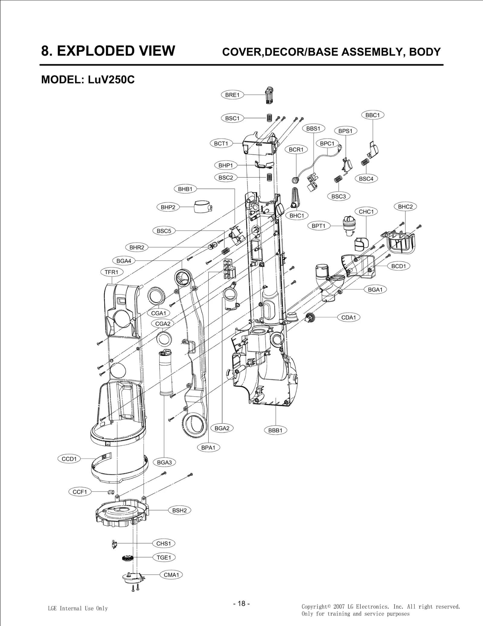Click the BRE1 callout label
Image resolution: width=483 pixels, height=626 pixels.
click(x=232, y=95)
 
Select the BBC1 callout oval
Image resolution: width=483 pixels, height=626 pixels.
click(x=373, y=115)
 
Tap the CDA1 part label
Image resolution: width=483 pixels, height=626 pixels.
click(x=348, y=317)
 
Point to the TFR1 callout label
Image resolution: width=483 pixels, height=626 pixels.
click(x=111, y=272)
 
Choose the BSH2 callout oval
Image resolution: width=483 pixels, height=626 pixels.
click(x=179, y=510)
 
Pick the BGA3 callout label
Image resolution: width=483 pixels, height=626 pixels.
click(x=164, y=462)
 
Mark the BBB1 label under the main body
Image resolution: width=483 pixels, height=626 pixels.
click(x=275, y=430)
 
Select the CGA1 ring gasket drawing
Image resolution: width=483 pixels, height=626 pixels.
click(x=156, y=295)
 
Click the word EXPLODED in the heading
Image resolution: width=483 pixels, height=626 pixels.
click(x=116, y=50)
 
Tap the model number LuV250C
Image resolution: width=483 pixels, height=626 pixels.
click(x=111, y=80)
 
